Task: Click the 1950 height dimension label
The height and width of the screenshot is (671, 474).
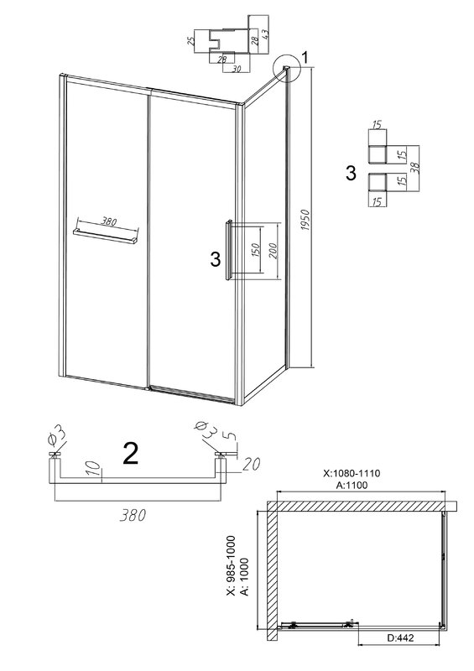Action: click(x=305, y=221)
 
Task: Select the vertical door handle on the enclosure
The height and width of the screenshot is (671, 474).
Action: click(x=230, y=250)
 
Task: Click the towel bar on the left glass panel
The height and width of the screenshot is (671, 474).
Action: click(x=107, y=237)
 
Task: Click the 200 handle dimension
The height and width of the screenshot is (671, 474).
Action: click(x=273, y=251)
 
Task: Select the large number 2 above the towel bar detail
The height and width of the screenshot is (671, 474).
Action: click(x=130, y=453)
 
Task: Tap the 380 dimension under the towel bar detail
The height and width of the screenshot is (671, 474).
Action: click(x=133, y=515)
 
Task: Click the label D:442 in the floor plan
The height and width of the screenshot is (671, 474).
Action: click(x=400, y=637)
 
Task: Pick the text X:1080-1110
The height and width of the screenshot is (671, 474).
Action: click(x=352, y=473)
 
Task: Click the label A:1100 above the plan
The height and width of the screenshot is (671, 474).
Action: click(x=352, y=485)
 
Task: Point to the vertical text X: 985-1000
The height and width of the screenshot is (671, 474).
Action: click(x=232, y=565)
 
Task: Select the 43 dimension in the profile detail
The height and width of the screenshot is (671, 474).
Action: click(x=265, y=34)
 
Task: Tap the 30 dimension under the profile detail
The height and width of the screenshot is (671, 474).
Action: click(x=236, y=69)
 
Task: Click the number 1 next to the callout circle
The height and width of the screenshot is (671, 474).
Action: click(x=305, y=57)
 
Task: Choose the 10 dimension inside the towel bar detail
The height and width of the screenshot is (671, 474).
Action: click(x=96, y=468)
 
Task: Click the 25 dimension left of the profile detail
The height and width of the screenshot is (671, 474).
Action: click(x=191, y=41)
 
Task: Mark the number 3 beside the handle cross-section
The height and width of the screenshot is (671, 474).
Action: click(x=350, y=174)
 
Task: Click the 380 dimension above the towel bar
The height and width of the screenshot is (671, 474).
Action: click(x=109, y=221)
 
